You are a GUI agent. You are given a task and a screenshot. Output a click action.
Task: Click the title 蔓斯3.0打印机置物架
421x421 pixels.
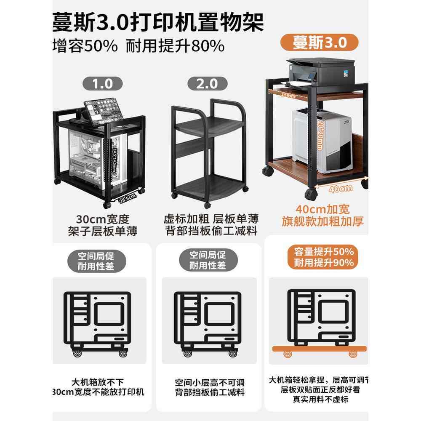(x=158, y=20)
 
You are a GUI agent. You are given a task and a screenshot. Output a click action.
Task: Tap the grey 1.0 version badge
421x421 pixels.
(x=103, y=83)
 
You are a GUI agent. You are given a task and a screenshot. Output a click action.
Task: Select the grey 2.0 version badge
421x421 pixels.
(x=207, y=83)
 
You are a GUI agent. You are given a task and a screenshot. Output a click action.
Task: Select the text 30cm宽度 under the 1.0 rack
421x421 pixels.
(x=102, y=219)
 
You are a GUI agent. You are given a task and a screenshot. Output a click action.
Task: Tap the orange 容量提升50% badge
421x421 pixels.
(x=324, y=253)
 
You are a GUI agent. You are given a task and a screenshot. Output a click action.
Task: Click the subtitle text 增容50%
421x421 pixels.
(x=85, y=46)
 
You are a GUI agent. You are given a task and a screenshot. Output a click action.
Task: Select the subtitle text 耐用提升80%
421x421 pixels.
(x=175, y=46)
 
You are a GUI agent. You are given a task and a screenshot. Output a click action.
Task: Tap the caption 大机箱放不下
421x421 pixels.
(x=102, y=382)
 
